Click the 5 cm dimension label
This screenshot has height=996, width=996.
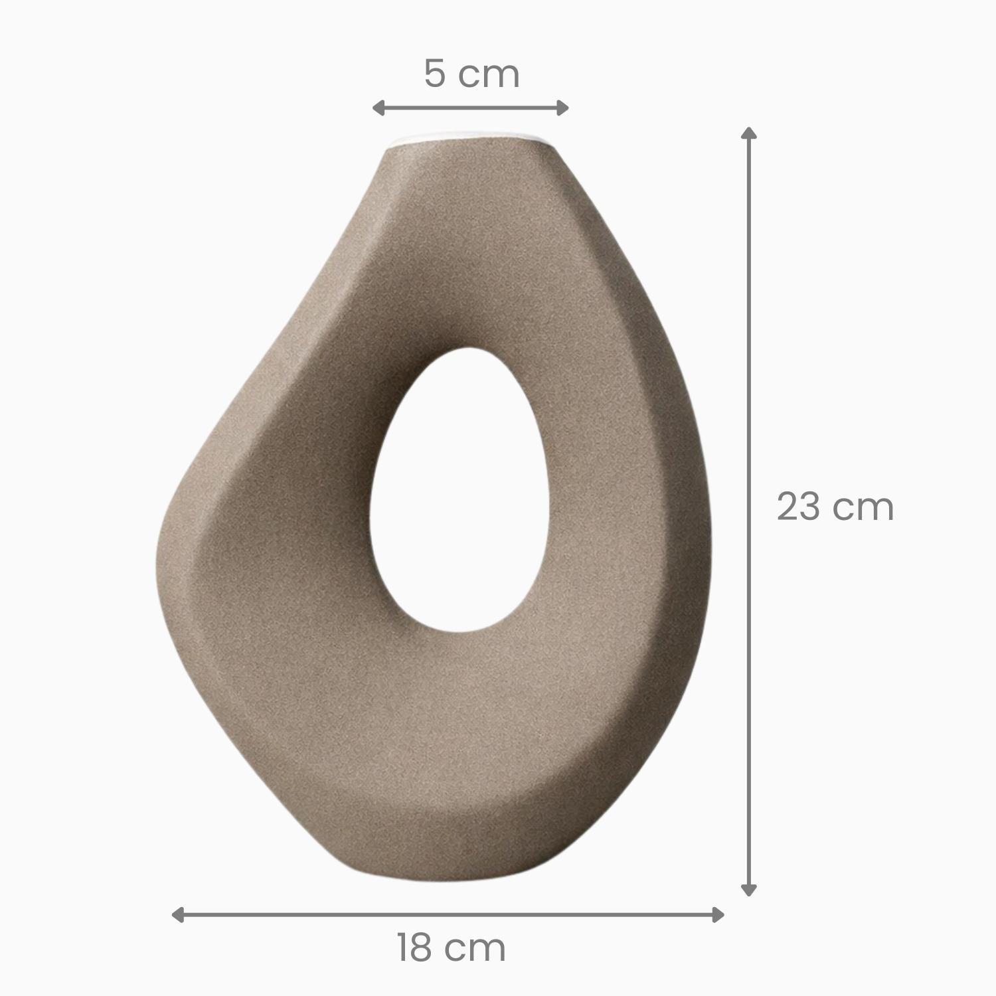click(x=471, y=74)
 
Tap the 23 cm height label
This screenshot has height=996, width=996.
click(x=835, y=507)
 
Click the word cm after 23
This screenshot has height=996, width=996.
click(x=865, y=507)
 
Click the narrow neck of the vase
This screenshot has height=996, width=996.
click(x=473, y=173)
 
